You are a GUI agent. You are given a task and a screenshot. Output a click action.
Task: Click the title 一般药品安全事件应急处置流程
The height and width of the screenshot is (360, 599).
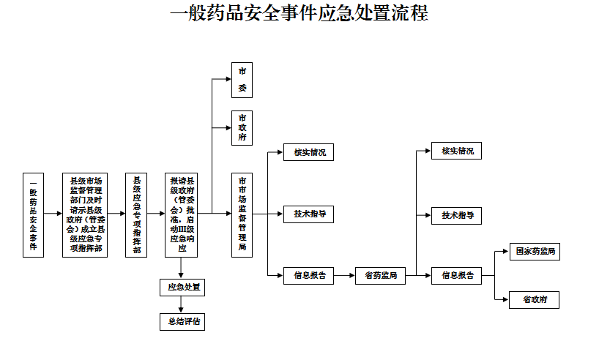pos(299,14)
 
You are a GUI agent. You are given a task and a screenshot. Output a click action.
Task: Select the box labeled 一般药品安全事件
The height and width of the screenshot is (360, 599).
pos(33,214)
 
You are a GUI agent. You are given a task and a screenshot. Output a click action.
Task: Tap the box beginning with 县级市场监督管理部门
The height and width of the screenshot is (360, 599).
pos(85,214)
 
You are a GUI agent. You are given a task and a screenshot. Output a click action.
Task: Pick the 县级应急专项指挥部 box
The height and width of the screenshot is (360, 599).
pos(136,214)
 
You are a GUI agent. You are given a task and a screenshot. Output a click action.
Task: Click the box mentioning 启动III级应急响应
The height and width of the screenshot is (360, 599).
pos(182,214)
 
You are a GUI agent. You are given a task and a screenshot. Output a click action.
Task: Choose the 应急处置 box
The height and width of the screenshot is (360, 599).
pos(182,287)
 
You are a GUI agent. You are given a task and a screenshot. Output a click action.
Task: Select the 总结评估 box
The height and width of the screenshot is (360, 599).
pos(182,320)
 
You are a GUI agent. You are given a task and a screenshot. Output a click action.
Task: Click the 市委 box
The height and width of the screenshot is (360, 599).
pos(242,80)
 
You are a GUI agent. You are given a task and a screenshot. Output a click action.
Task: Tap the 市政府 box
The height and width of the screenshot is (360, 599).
pos(242,129)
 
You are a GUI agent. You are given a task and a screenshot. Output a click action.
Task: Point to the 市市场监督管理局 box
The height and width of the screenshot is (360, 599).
pos(242,214)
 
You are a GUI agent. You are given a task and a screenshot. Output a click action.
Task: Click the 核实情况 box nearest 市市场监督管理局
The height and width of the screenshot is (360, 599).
pos(309,153)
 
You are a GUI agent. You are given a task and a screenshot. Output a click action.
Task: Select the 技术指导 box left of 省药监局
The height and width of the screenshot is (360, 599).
pos(309,214)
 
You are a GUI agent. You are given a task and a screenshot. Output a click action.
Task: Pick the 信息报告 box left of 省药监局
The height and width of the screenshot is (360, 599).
pos(309,276)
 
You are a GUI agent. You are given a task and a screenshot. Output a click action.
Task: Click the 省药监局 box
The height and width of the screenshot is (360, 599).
pos(380,276)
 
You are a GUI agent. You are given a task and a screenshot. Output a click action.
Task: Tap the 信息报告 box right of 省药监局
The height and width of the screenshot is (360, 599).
pos(456,276)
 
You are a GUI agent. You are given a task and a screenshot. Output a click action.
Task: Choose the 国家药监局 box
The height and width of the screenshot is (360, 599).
pos(535,252)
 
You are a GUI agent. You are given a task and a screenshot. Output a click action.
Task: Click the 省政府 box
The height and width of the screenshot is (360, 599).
pos(535,299)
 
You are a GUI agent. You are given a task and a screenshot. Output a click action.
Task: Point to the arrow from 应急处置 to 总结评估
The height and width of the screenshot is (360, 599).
pos(181,304)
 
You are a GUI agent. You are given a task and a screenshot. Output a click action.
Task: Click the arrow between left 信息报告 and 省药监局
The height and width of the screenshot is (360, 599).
pos(344,276)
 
